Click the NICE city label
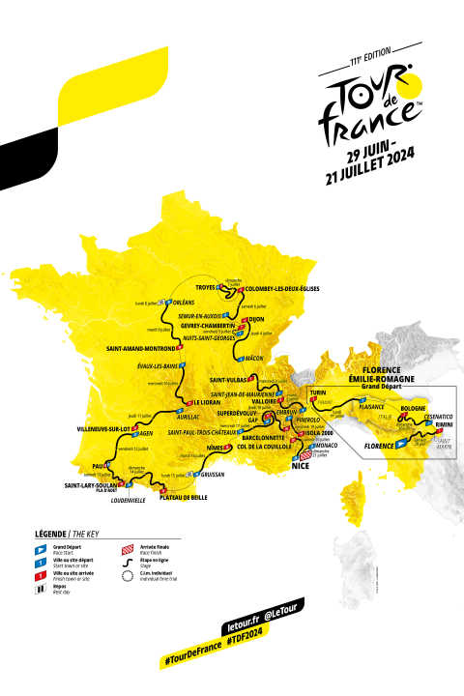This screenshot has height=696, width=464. click(x=303, y=465)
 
